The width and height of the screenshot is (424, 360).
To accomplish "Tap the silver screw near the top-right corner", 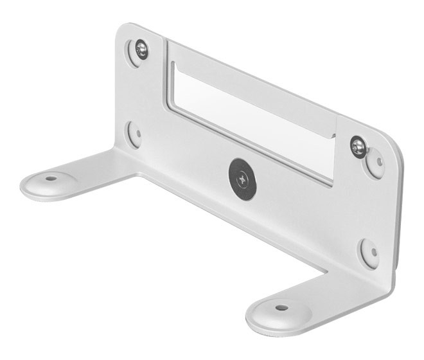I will (x=358, y=147).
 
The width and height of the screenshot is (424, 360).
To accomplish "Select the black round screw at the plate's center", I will (x=242, y=178).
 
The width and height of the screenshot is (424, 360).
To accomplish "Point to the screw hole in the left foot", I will (x=51, y=177).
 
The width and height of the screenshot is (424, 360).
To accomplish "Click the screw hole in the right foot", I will (x=281, y=307).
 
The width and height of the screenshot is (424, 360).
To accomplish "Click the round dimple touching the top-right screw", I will (x=375, y=162).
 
